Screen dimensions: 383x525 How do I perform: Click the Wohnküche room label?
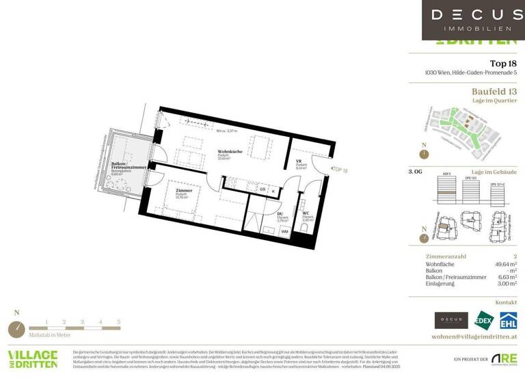229,151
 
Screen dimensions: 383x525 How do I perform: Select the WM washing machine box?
284,232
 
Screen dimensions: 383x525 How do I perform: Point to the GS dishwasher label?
262,191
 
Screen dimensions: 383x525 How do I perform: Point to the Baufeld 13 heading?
494,92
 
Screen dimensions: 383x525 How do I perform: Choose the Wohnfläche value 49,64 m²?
505,263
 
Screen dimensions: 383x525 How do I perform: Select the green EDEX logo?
484,320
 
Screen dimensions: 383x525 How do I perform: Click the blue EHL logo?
508,320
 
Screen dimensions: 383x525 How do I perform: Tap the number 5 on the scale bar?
118,321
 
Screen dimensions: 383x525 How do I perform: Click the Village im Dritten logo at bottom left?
32,360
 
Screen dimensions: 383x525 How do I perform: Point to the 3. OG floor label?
415,172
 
